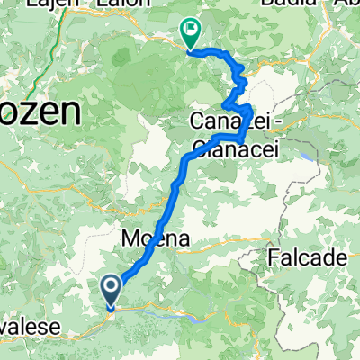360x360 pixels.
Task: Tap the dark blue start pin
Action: coord(111,292)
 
